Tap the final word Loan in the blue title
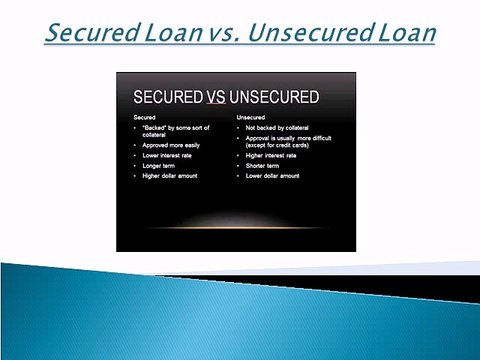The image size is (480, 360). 406,33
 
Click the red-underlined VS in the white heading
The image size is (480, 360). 217,97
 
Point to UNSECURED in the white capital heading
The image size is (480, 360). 274,97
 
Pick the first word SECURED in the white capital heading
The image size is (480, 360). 170,97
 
